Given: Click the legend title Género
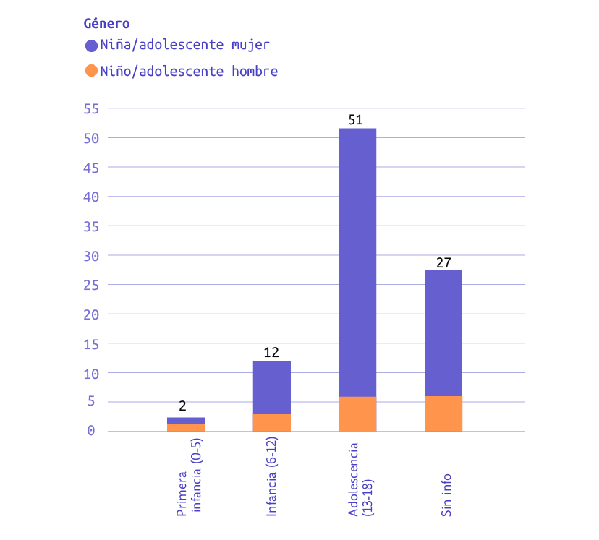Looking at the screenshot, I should pyautogui.click(x=106, y=24).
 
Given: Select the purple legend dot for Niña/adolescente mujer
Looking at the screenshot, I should pyautogui.click(x=91, y=46).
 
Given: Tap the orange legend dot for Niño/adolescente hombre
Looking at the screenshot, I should pyautogui.click(x=91, y=71).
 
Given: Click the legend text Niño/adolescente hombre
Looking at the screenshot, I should pyautogui.click(x=189, y=71).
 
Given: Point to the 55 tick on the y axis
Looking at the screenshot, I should pyautogui.click(x=91, y=108).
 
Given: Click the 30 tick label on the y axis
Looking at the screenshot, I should pyautogui.click(x=91, y=255).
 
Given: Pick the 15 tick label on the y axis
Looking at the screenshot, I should pyautogui.click(x=91, y=343).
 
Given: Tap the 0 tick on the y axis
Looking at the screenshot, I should pyautogui.click(x=91, y=432).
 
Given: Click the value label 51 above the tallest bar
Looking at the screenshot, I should pyautogui.click(x=355, y=120).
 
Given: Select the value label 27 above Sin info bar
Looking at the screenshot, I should pyautogui.click(x=443, y=262).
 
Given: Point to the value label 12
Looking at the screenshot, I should pyautogui.click(x=271, y=353).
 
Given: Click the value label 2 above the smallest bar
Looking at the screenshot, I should pyautogui.click(x=182, y=407).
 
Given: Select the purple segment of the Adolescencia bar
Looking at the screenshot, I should pyautogui.click(x=357, y=260).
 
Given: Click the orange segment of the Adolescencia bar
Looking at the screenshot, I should pyautogui.click(x=357, y=414).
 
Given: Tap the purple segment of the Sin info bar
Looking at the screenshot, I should pyautogui.click(x=443, y=333).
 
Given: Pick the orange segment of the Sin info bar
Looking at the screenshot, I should pyautogui.click(x=443, y=414).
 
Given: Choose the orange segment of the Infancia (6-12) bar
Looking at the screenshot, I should pyautogui.click(x=271, y=423).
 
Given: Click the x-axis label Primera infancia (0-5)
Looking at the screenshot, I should pyautogui.click(x=190, y=485).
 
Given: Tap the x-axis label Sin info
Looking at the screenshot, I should pyautogui.click(x=446, y=494).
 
